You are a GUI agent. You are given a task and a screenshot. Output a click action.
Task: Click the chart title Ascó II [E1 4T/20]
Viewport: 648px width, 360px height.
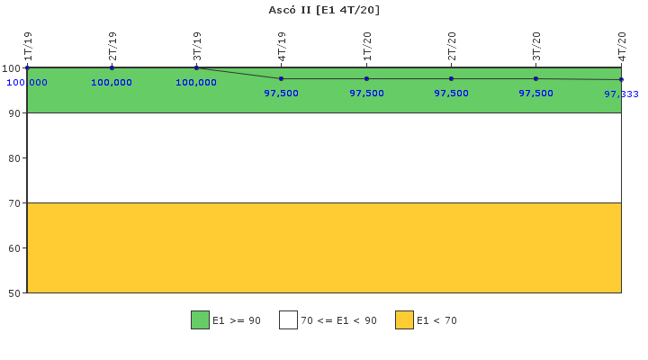click(324, 10)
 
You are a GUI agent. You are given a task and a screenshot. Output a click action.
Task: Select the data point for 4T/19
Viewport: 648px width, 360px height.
click(282, 78)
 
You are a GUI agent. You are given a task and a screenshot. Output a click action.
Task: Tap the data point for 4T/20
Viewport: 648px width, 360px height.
click(621, 79)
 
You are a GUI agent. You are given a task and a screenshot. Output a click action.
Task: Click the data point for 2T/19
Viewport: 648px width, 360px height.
click(112, 67)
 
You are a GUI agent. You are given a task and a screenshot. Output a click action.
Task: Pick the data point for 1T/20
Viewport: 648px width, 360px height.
click(366, 78)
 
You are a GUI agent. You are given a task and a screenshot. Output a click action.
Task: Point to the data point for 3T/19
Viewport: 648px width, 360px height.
click(197, 67)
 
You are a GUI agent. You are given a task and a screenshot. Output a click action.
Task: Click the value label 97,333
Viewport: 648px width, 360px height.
click(621, 94)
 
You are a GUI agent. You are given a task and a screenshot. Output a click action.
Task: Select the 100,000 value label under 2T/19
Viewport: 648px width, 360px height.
click(112, 82)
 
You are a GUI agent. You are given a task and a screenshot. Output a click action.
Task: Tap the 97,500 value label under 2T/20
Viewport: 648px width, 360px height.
click(451, 93)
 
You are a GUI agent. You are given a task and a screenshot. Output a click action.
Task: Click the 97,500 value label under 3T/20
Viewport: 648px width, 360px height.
click(536, 93)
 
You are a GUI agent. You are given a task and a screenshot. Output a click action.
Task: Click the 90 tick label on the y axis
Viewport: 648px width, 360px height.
click(14, 113)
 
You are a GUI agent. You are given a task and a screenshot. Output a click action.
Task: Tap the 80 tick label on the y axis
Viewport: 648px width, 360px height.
click(14, 158)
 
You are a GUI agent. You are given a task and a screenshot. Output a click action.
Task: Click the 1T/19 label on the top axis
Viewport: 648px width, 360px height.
click(28, 46)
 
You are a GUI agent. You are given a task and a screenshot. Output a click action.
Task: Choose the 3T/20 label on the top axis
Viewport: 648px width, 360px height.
click(536, 46)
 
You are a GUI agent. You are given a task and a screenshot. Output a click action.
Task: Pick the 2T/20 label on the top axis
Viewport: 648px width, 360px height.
click(452, 46)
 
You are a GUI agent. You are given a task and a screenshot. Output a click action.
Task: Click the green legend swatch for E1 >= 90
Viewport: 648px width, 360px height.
click(200, 320)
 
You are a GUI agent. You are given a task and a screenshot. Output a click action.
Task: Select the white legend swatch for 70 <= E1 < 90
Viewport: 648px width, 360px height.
click(289, 320)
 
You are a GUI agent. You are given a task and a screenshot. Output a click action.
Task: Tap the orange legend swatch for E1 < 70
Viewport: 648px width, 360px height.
click(404, 320)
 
